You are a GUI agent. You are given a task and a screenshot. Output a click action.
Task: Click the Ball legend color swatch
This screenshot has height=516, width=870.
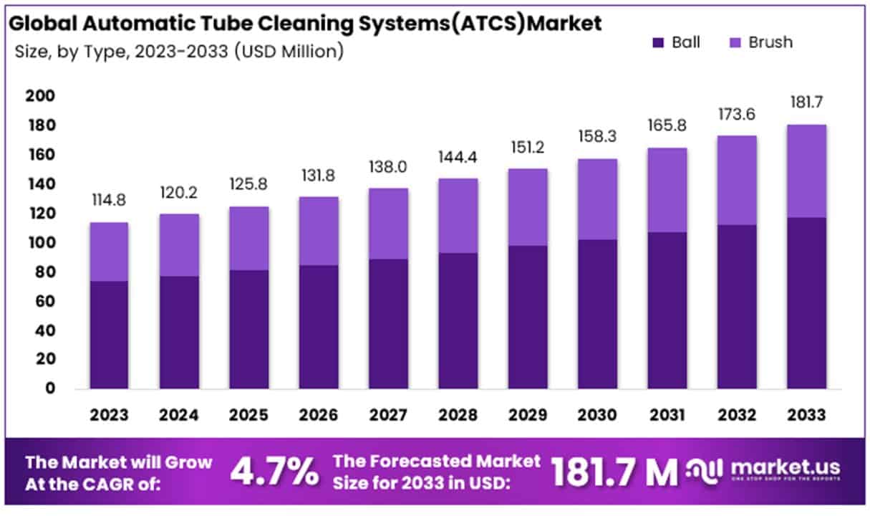click(659, 42)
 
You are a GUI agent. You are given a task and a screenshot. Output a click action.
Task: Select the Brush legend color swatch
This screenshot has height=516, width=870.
click(735, 42)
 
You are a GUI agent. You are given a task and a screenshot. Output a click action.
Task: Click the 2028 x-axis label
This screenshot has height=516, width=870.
click(458, 415)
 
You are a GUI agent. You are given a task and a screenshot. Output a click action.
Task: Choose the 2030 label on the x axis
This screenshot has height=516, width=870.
click(597, 415)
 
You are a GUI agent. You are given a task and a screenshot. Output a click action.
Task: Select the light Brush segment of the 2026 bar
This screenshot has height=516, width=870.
click(319, 231)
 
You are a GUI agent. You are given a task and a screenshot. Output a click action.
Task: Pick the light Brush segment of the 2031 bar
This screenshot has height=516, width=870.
click(667, 190)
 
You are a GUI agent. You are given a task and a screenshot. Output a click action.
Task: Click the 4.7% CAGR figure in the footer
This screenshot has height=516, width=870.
click(274, 471)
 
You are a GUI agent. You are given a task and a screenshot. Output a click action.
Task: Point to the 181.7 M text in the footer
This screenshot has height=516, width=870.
click(614, 471)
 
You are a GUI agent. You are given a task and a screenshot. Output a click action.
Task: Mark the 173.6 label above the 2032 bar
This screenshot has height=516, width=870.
click(737, 115)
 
